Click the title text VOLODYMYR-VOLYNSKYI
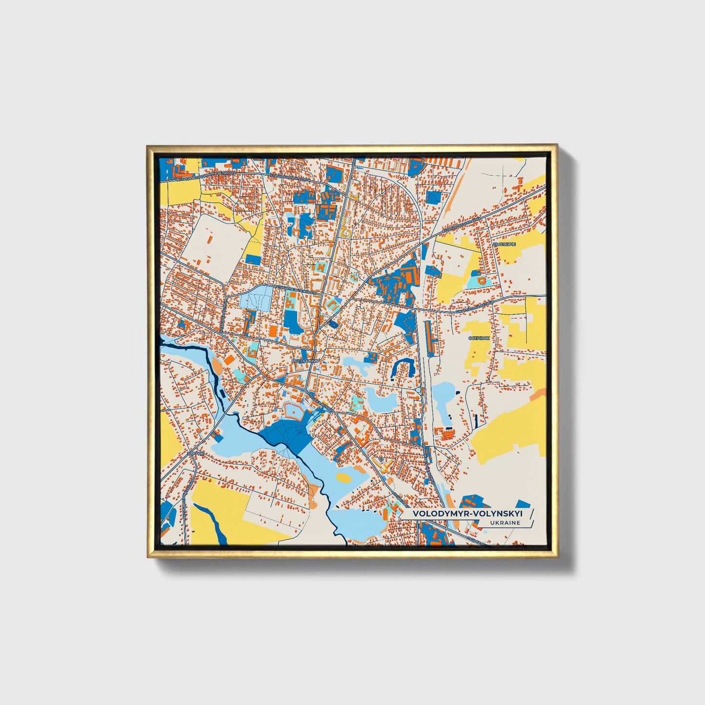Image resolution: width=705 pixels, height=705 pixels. click(467, 513)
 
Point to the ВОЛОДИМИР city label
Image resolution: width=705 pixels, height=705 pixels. click(305, 361)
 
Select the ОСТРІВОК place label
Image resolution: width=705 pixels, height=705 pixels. click(478, 338)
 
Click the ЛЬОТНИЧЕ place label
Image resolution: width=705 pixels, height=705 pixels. click(504, 243)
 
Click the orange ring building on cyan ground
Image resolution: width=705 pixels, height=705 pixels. click(481, 281)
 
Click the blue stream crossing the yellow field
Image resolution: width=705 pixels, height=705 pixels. click(210, 522)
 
